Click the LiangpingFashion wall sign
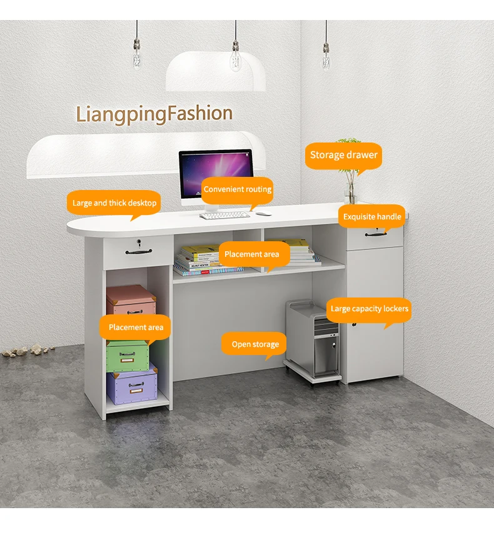coord(154,114)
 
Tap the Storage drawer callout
coord(344,155)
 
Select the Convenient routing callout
coord(238,189)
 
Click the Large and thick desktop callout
coord(114,203)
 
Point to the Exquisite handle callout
coord(372,217)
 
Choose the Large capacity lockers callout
coord(369,309)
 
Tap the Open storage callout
coord(255,344)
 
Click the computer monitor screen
coord(216,172)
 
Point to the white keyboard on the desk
coord(224,215)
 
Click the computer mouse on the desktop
coord(263,214)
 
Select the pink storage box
coord(131,301)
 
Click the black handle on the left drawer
coord(138,252)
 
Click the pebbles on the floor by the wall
coord(28,350)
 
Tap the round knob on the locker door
coord(353,325)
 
